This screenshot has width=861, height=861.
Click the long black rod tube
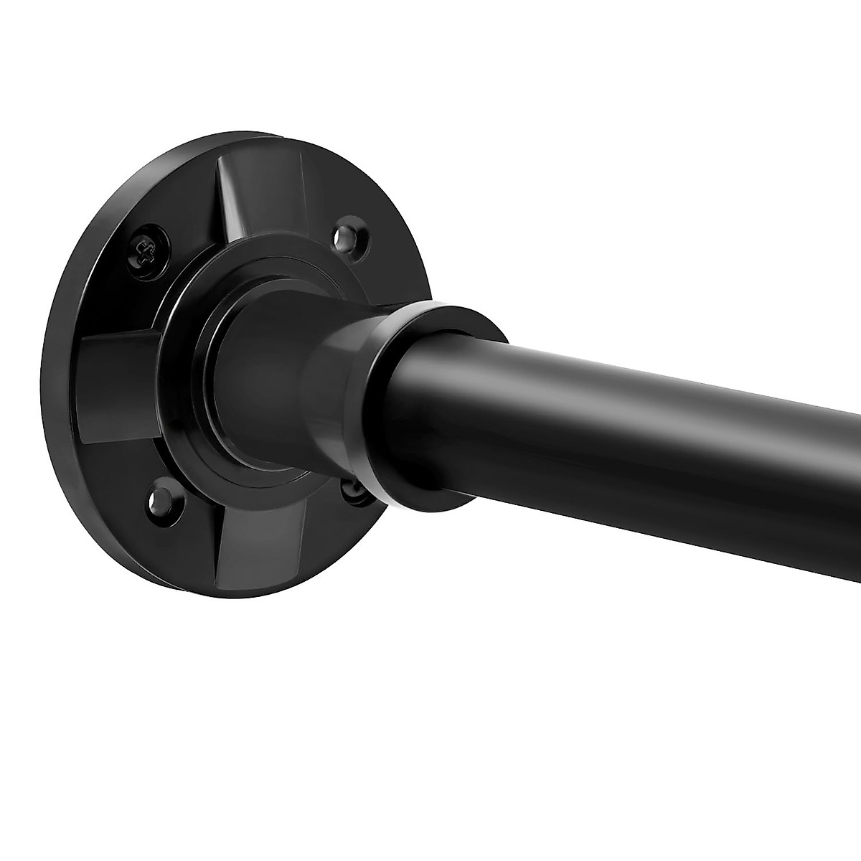pos(646,430)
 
